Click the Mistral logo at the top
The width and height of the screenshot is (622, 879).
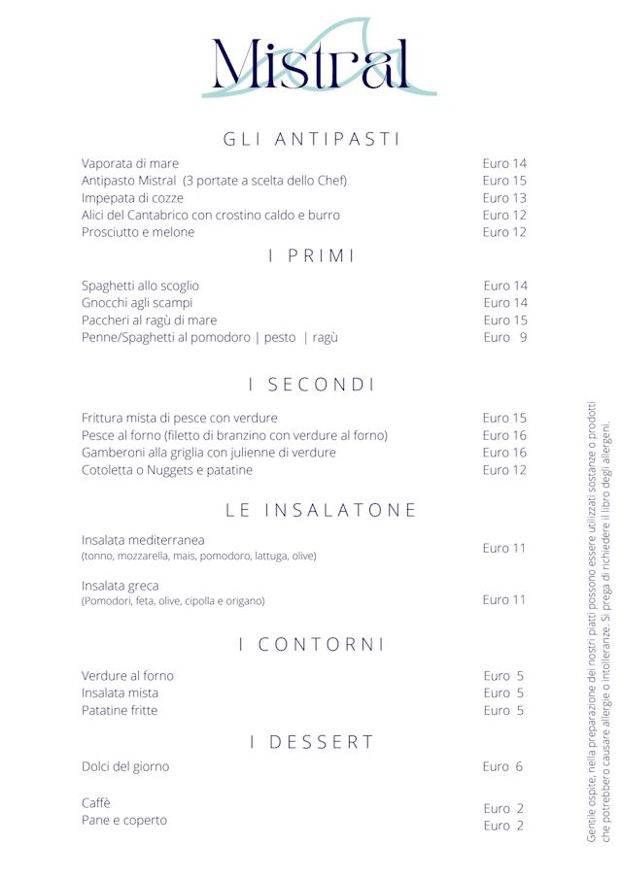[x=310, y=60]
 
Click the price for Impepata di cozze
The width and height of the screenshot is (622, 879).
[x=504, y=198]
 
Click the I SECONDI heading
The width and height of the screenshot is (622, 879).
[x=311, y=386]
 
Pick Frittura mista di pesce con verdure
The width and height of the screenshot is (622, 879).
[x=181, y=418]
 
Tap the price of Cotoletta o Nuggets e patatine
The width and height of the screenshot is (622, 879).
[x=504, y=470]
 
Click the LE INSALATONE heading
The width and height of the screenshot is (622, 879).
[x=311, y=509]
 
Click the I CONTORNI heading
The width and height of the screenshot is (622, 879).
[x=311, y=643]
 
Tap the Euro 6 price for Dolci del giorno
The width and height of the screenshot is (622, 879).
[x=504, y=767]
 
